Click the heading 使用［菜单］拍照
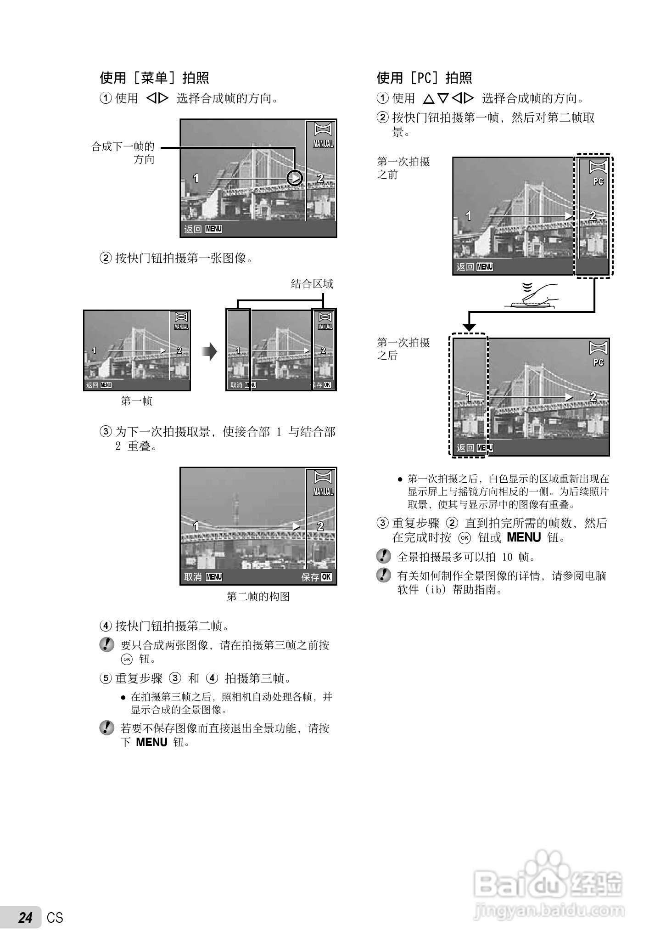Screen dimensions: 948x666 (x=155, y=78)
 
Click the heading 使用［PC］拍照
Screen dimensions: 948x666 (x=424, y=78)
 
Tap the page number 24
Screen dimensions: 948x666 (x=26, y=918)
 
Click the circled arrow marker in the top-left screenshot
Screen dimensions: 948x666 (x=295, y=178)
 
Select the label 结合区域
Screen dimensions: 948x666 (x=312, y=284)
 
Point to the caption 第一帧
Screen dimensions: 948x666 (x=136, y=401)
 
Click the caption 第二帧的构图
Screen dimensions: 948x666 (x=258, y=597)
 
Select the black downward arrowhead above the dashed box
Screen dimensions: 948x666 (x=469, y=327)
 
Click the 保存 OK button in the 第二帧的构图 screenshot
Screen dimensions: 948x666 (x=316, y=577)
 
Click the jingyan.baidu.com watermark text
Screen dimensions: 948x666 (x=548, y=910)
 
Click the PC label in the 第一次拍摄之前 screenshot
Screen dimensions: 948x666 (x=598, y=181)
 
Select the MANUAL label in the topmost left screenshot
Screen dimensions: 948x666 (x=323, y=144)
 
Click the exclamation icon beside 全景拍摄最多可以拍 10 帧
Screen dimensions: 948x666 (x=383, y=557)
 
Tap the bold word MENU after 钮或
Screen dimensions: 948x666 (x=524, y=537)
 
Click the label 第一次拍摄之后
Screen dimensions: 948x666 (x=403, y=349)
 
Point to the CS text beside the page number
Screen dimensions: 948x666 (x=55, y=918)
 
